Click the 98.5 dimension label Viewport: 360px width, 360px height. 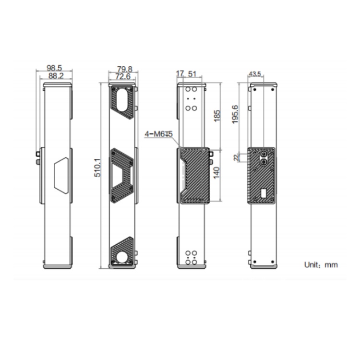(54, 68)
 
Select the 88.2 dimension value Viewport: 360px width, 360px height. (56, 76)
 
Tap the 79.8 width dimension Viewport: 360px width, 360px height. (125, 69)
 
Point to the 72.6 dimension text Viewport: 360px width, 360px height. (123, 76)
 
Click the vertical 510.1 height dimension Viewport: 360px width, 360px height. (97, 168)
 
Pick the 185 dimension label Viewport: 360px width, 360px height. (217, 116)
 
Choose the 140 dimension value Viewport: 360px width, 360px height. (216, 173)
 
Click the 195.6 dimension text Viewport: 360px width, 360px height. (235, 114)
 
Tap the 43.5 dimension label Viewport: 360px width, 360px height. (255, 74)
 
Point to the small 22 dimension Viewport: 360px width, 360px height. (236, 157)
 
